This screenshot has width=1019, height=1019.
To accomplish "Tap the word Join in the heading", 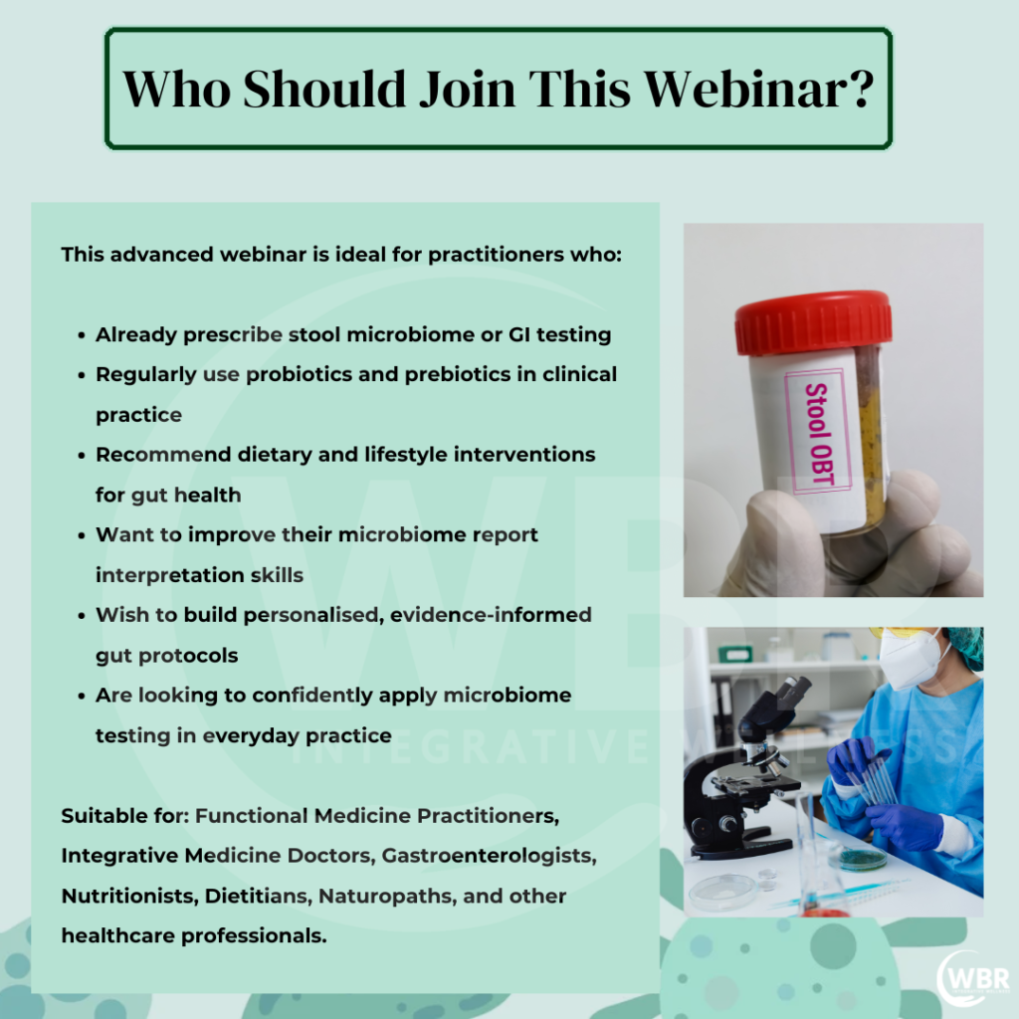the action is [468, 89].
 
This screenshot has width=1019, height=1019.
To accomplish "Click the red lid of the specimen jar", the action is [813, 321].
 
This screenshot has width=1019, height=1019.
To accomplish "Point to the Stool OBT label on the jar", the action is [818, 432].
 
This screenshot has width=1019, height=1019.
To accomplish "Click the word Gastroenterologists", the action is [489, 856].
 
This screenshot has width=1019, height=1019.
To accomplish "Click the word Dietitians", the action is [259, 897].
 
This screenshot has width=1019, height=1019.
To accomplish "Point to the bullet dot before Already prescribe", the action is [82, 335].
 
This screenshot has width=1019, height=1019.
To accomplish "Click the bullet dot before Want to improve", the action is [82, 535].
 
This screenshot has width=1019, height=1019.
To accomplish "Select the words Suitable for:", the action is [124, 816].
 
